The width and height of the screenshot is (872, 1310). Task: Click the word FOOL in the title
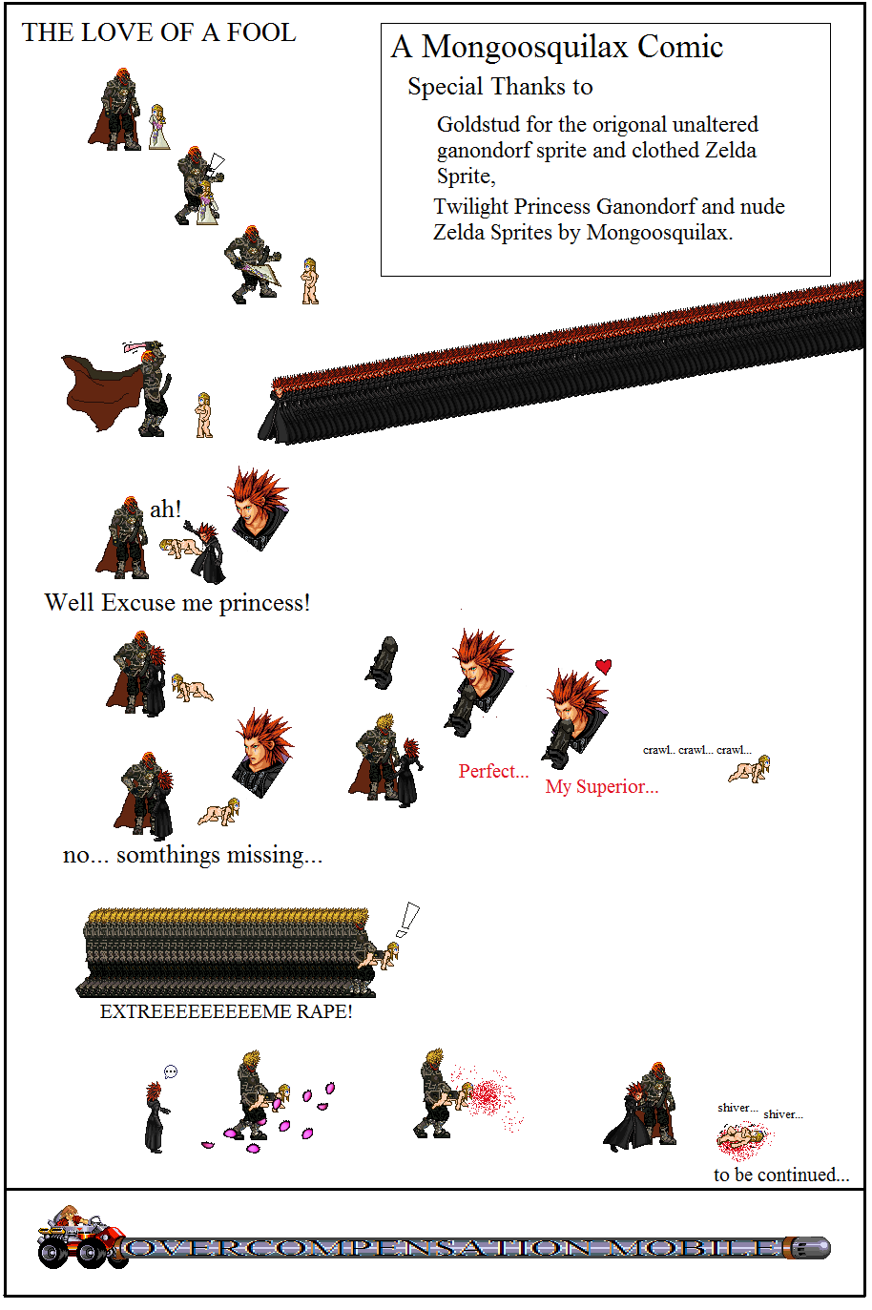tap(260, 32)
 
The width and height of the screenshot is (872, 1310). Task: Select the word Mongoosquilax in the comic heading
tap(525, 48)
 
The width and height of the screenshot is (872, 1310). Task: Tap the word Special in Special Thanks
tap(446, 87)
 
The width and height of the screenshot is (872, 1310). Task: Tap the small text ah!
tap(165, 509)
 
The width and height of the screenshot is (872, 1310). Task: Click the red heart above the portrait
tap(604, 666)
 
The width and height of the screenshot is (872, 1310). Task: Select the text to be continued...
tap(781, 1175)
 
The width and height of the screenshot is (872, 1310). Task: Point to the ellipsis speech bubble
tap(171, 1071)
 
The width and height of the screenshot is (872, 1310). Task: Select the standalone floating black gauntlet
tap(382, 662)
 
